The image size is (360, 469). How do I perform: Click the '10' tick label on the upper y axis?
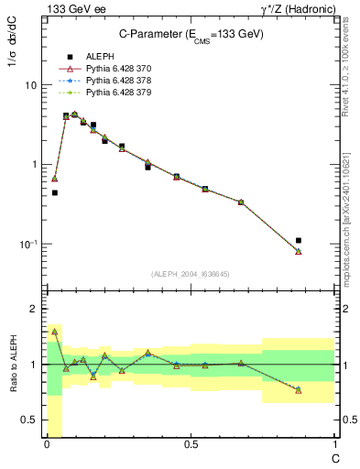(x=30, y=85)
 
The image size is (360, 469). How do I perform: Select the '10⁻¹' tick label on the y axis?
(x=27, y=244)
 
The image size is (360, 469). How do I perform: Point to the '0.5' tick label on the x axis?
(x=191, y=445)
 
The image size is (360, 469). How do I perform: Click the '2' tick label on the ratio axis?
(x=34, y=310)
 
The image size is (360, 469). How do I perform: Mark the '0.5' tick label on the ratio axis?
(x=30, y=420)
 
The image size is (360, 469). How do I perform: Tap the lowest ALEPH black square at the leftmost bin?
(x=55, y=192)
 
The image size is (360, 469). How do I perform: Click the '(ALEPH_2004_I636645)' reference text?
(x=191, y=273)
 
